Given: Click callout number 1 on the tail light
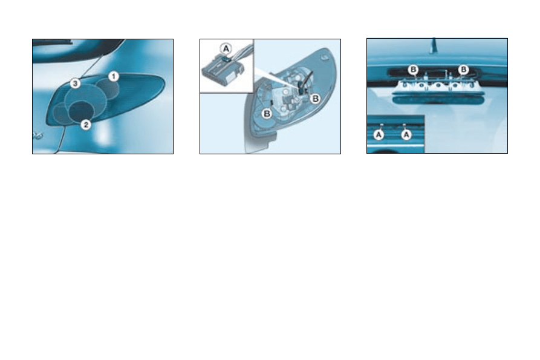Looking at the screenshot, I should [x=112, y=76].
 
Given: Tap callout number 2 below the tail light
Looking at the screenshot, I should [x=86, y=125].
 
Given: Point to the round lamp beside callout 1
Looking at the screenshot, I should [x=108, y=88].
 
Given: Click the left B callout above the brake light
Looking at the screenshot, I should [x=413, y=70].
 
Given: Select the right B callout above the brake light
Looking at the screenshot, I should [x=463, y=70].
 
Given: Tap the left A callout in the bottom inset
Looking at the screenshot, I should [x=379, y=135].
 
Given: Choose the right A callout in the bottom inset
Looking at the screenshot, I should [x=406, y=135].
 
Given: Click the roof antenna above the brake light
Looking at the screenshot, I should [x=434, y=45].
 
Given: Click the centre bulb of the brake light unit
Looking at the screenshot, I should [x=438, y=86].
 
